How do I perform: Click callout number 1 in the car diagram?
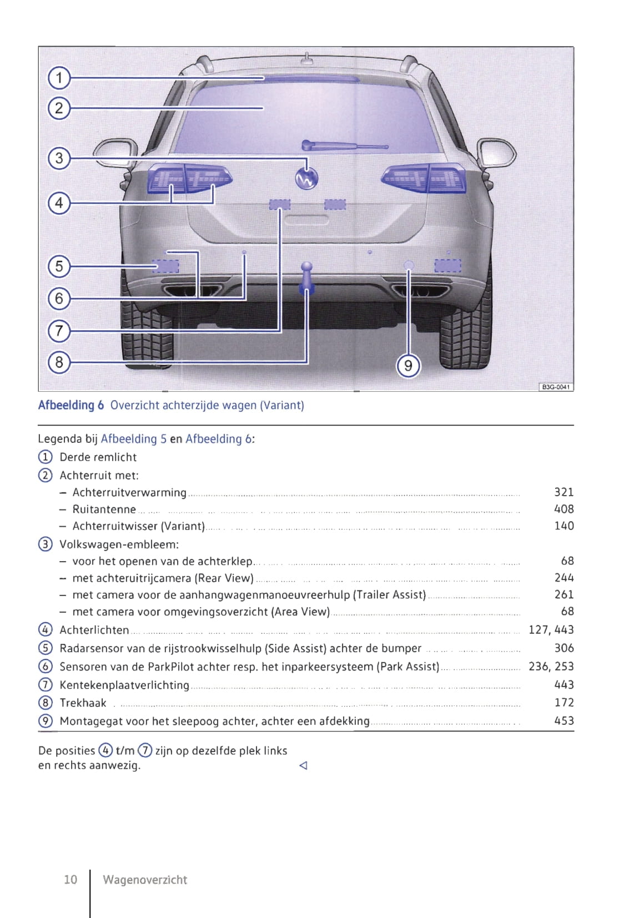(x=59, y=78)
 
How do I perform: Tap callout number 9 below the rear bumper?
(x=408, y=366)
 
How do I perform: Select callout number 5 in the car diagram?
(x=59, y=266)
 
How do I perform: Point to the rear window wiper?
(x=344, y=147)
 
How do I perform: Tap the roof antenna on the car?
(x=306, y=57)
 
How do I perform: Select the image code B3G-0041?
(x=556, y=387)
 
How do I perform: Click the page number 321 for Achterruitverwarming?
(x=563, y=492)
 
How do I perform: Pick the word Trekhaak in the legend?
(x=83, y=703)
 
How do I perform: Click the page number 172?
(x=563, y=703)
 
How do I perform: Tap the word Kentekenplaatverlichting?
(x=124, y=685)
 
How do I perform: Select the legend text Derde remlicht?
(x=98, y=457)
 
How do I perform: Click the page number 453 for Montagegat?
(x=563, y=721)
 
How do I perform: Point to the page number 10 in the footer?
(x=71, y=880)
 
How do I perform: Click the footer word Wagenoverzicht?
(x=145, y=880)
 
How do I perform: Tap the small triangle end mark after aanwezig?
(x=303, y=766)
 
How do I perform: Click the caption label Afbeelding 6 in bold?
(x=71, y=405)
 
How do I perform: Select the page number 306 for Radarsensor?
(x=563, y=648)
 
